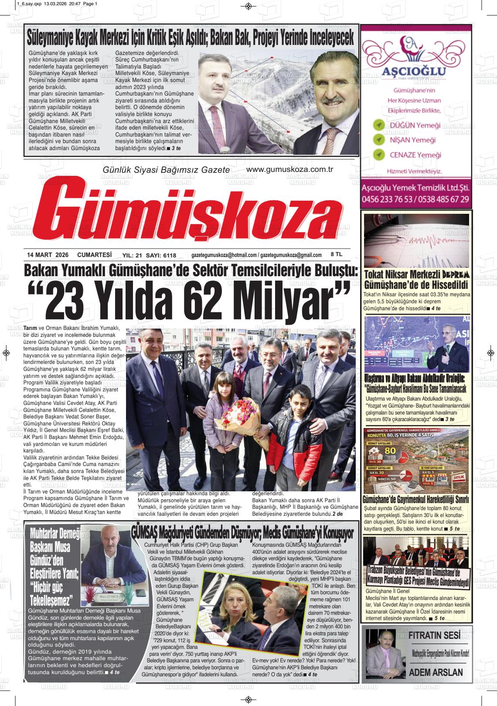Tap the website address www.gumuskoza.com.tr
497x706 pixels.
[289, 169]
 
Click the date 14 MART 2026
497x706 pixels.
[44, 255]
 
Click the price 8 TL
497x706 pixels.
[337, 254]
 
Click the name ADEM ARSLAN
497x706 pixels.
[436, 672]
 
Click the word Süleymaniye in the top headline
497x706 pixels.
[54, 40]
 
